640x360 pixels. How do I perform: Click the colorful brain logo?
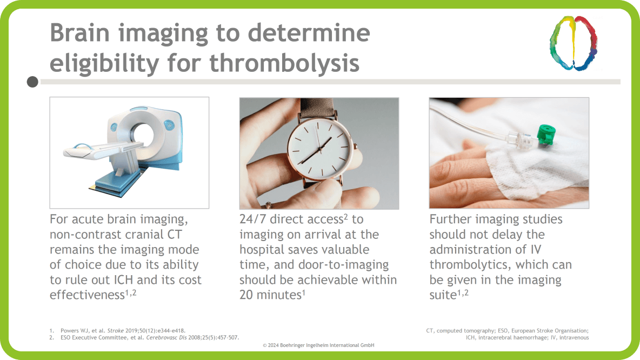(574, 43)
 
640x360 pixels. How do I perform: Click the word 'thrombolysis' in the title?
(284, 63)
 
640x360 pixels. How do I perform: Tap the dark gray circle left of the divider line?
(32, 82)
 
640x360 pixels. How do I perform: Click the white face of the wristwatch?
(319, 148)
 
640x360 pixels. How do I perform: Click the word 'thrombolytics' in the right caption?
(469, 265)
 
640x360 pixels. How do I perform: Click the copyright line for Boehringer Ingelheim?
(318, 345)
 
